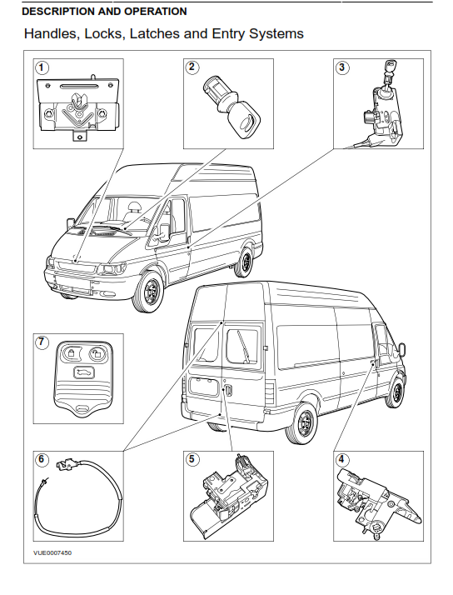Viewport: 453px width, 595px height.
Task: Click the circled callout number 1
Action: coord(42,68)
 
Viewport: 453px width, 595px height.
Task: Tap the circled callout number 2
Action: coord(192,67)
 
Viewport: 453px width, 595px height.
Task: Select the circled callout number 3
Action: coord(342,67)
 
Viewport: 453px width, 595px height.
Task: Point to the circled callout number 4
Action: coord(341,459)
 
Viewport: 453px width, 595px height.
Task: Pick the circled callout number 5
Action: coord(192,459)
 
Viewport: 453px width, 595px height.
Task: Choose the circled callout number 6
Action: coord(42,459)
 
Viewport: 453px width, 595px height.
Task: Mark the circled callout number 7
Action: coord(42,342)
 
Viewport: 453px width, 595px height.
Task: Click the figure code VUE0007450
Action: coord(52,552)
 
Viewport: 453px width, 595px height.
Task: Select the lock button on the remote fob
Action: coord(71,352)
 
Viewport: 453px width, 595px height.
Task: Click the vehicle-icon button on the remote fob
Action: coord(84,374)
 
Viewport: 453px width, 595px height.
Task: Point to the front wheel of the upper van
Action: coord(150,292)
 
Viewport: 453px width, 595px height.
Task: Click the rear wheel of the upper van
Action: coord(245,262)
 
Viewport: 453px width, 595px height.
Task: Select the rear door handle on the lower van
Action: coord(228,391)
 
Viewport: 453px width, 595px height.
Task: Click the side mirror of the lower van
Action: coord(401,349)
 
